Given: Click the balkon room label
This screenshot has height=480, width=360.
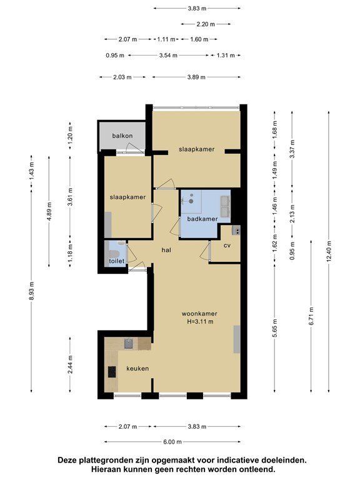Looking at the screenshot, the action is click(122, 136).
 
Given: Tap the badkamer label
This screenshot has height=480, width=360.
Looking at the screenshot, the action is click(202, 219).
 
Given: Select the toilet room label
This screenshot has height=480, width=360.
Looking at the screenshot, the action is click(117, 261).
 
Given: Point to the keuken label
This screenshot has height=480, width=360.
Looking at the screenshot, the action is click(137, 369).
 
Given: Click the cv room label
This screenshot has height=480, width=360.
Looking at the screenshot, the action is click(227, 246).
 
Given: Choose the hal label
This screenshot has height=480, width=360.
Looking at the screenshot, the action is click(166, 250).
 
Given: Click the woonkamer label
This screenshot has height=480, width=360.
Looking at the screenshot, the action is click(199, 314).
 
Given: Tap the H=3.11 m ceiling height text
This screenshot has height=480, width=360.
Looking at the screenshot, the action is click(200, 322).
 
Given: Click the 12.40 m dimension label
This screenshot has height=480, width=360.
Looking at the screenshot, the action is click(329, 251).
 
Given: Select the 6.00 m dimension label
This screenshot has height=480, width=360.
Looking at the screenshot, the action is click(172, 442).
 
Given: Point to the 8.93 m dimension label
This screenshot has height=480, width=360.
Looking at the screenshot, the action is click(31, 291).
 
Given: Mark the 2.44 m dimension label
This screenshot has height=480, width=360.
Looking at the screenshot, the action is click(70, 364).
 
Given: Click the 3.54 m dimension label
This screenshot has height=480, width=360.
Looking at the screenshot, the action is click(168, 56).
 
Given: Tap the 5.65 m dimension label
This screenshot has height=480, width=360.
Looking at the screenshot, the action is click(274, 328).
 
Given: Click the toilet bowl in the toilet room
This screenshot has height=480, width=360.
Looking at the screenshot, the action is click(114, 254).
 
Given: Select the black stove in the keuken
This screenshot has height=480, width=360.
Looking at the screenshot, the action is click(112, 372).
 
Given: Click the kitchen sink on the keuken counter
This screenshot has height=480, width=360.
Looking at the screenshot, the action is click(129, 344).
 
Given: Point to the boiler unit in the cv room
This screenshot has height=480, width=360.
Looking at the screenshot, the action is click(236, 230).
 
